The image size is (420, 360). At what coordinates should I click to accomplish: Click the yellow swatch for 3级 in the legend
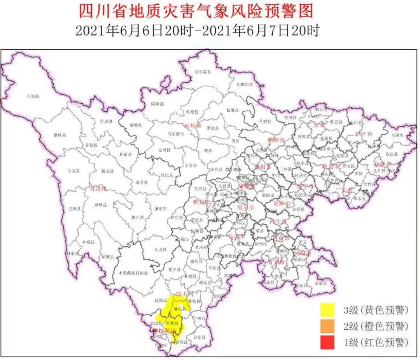click(328, 310)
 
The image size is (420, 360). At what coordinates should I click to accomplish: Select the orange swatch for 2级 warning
click(328, 327)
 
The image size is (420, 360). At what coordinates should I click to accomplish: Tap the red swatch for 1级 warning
click(328, 343)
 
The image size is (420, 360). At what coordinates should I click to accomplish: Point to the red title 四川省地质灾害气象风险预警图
click(196, 11)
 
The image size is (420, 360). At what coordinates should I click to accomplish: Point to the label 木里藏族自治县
click(130, 273)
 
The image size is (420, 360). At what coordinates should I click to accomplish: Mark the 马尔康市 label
click(176, 133)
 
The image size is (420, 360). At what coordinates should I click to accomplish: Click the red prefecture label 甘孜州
click(98, 189)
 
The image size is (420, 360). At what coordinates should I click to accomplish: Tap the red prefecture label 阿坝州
click(193, 126)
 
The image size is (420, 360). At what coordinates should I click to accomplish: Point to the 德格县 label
click(59, 135)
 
